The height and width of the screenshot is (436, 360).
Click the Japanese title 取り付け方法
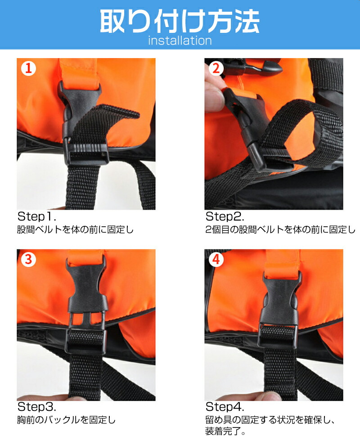(x=180, y=22)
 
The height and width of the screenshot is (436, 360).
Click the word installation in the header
(x=180, y=40)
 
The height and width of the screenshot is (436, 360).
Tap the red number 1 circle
(x=29, y=68)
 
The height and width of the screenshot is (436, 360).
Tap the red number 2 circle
(x=216, y=68)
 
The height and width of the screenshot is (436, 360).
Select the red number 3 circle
(x=29, y=260)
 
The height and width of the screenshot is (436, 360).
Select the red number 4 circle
(x=216, y=260)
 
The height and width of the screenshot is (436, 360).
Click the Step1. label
(x=37, y=216)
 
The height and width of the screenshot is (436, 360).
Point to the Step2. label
(x=225, y=216)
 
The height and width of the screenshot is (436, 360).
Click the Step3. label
(x=37, y=407)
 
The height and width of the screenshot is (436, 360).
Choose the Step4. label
(x=225, y=407)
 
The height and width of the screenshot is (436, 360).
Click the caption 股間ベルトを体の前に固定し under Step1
(x=75, y=229)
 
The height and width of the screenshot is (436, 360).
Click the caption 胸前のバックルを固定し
(x=66, y=420)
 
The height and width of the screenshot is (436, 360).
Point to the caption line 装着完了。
(x=225, y=431)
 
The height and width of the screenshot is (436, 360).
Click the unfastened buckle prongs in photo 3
(x=86, y=320)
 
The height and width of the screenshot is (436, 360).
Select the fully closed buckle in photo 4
(x=280, y=309)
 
